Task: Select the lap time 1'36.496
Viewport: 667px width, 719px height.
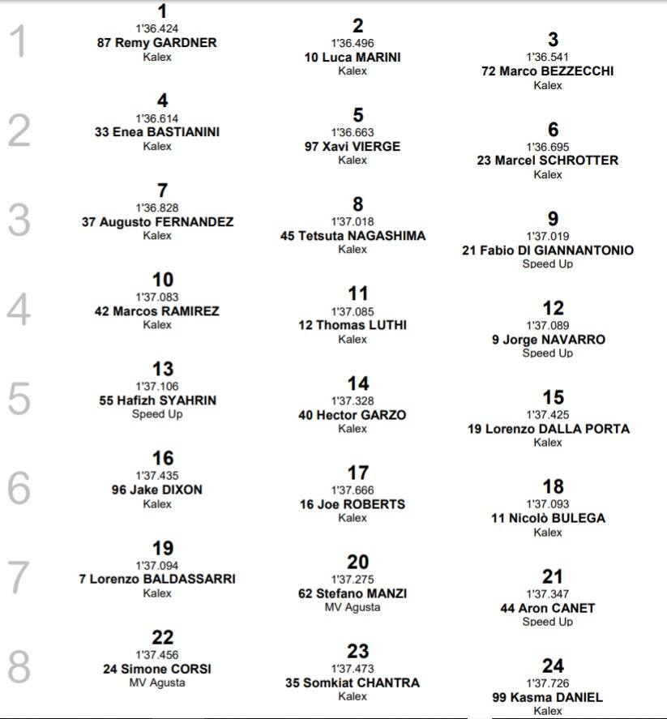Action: click(353, 43)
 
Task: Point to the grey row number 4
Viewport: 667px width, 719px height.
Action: click(19, 309)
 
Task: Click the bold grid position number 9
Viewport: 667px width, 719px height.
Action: click(553, 219)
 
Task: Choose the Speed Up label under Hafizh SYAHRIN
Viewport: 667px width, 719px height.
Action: click(157, 414)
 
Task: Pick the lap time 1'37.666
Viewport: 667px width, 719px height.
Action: click(353, 490)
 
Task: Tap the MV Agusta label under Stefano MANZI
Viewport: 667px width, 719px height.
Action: click(353, 607)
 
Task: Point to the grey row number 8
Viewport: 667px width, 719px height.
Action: click(19, 666)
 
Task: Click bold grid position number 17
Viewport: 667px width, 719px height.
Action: click(357, 473)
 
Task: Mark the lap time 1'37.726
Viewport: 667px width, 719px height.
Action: click(548, 683)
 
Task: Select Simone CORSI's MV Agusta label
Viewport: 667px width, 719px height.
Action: click(157, 683)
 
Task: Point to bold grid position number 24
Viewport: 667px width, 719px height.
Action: click(553, 666)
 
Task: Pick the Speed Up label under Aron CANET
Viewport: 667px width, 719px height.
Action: click(548, 622)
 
